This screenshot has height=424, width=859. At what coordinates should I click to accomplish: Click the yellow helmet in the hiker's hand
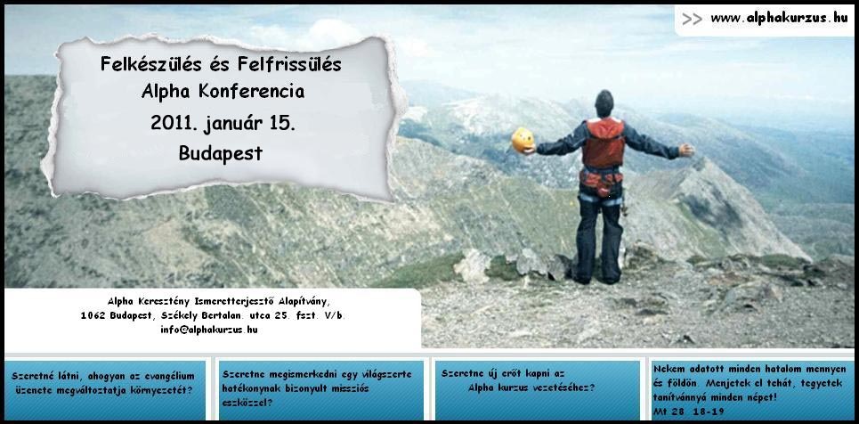523,140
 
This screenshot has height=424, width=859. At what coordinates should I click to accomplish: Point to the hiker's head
604,103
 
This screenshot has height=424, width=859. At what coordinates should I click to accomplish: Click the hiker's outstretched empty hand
686,151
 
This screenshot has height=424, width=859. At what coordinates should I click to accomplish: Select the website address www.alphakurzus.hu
779,18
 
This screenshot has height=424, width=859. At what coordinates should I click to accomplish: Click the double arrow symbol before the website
692,19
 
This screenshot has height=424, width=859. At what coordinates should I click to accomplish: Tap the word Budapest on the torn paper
220,153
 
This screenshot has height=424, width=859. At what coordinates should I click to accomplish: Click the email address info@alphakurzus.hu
208,330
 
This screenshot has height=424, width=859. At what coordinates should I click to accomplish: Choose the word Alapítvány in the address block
304,301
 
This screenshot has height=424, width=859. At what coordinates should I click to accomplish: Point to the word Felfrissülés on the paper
289,64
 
